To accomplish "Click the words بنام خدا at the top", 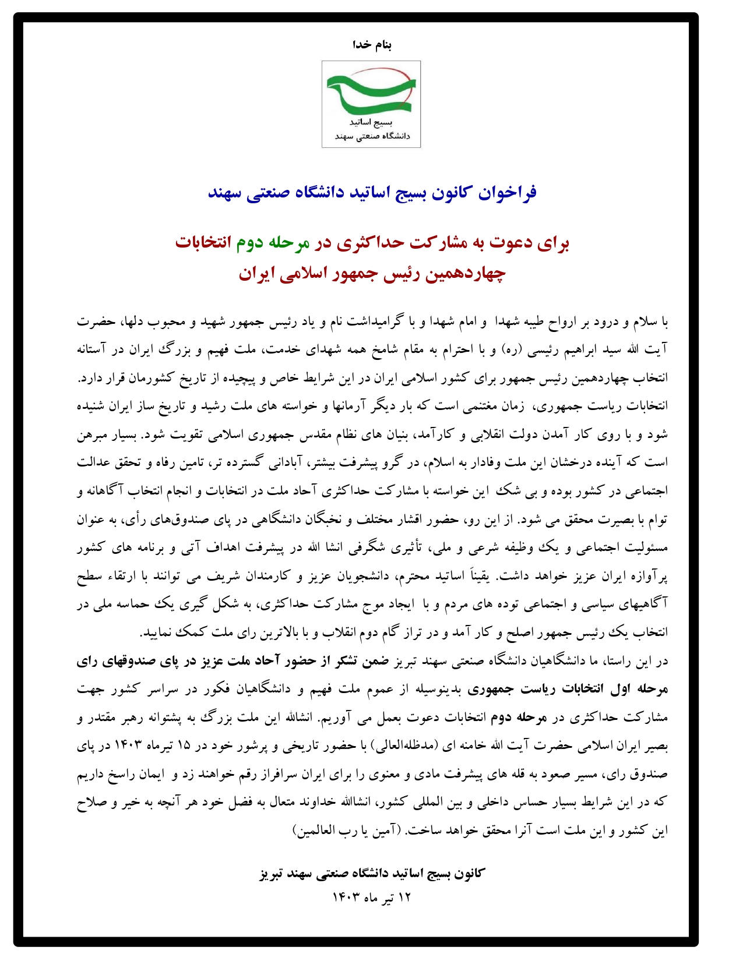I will (x=372, y=45).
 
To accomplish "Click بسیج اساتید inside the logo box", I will (x=371, y=123).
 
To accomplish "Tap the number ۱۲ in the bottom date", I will (x=404, y=898).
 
